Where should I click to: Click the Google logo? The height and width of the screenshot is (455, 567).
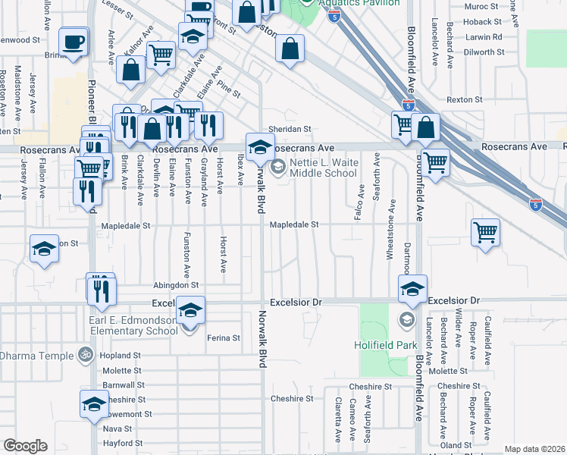pos(25,446)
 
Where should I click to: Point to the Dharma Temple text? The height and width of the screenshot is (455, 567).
pos(33,355)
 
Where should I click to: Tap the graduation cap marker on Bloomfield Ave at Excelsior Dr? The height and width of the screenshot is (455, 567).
pos(412,289)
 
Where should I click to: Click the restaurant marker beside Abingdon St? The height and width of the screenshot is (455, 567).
pos(100,289)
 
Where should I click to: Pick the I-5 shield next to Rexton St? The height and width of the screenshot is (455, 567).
pos(409,106)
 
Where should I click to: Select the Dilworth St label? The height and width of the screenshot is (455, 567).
pos(484,52)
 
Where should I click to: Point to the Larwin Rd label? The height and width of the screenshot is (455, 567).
pos(486,36)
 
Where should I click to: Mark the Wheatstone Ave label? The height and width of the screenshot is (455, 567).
pos(392,228)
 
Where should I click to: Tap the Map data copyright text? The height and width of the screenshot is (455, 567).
pos(534,449)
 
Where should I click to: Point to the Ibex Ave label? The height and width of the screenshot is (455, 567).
pos(241,168)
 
